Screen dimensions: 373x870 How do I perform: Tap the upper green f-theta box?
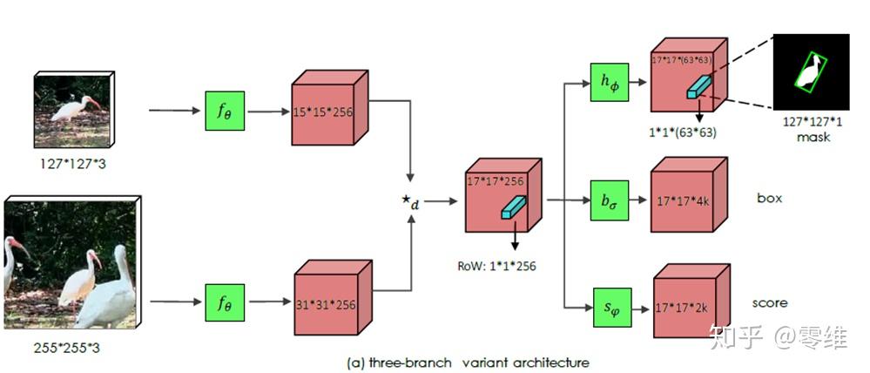coord(224,111)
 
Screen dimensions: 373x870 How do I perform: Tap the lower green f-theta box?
coord(224,302)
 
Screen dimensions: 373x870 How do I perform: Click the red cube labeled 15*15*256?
coord(323,112)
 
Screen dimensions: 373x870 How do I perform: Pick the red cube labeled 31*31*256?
coord(323,303)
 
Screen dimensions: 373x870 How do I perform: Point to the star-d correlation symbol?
coord(409,203)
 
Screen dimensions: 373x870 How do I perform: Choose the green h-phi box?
coord(609,84)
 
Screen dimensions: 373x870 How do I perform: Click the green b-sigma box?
coord(609,200)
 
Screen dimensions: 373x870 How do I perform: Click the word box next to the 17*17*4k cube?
coord(769,198)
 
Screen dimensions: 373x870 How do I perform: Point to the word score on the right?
coord(770,303)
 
